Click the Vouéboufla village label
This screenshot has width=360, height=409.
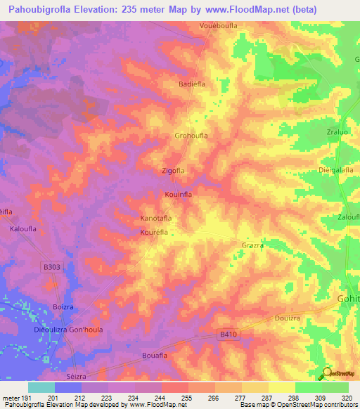[x=215, y=26]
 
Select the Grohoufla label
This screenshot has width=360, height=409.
[x=191, y=135]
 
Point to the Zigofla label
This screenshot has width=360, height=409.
[x=173, y=171]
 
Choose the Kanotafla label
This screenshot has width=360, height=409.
[x=156, y=219]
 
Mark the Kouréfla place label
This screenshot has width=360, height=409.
[x=155, y=231]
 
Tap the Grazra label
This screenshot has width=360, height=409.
[x=252, y=246]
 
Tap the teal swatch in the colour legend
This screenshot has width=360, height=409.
[x=41, y=387]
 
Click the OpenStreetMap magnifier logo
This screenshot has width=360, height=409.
[x=326, y=374]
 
